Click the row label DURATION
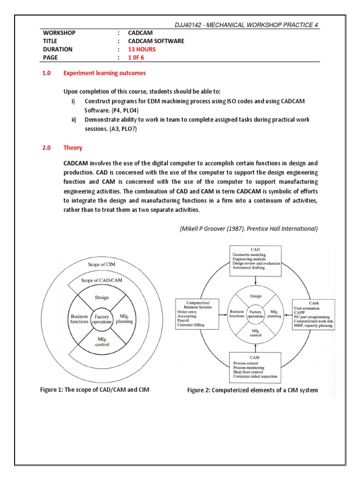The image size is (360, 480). pos(58,49)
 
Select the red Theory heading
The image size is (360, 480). pos(73,148)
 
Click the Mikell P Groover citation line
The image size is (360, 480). pos(248,229)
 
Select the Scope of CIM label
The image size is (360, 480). pos(101,264)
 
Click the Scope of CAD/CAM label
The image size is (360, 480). pos(102,280)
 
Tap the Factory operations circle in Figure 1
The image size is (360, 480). pos(102,320)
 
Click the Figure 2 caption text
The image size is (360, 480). pos(253,390)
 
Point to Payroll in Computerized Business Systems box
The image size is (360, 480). pos(184,322)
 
